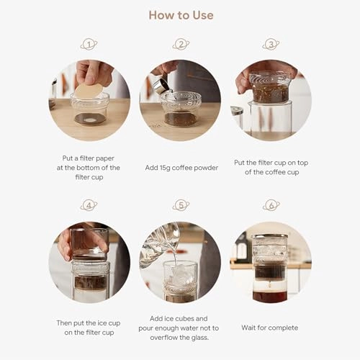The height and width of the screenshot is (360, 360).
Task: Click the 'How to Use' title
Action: (x=180, y=15)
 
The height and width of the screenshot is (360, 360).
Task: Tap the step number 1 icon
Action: (x=89, y=45)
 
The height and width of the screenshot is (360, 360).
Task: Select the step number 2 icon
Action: (x=180, y=45)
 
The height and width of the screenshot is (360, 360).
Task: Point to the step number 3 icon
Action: (x=271, y=45)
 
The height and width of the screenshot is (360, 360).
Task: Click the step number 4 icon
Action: (x=89, y=205)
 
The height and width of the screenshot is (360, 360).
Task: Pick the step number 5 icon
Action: (x=180, y=205)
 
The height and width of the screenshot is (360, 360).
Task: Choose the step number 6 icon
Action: (x=271, y=205)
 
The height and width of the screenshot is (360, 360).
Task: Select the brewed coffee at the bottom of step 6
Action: (x=270, y=295)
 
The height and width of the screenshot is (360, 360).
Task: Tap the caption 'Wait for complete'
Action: (x=271, y=328)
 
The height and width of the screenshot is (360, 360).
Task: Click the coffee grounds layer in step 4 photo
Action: (x=89, y=282)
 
